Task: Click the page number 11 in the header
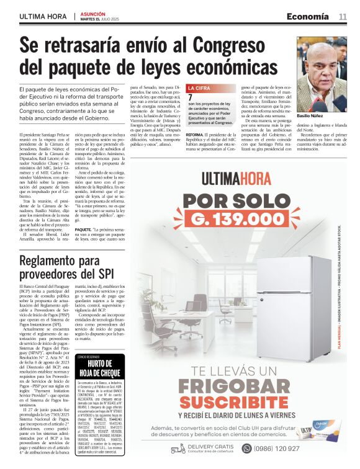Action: (x=343, y=16)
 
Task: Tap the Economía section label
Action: (x=308, y=16)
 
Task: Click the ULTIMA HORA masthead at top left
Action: (x=43, y=16)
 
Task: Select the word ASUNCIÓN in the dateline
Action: (x=93, y=13)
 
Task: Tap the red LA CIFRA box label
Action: (x=199, y=89)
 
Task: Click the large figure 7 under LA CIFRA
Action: (x=190, y=97)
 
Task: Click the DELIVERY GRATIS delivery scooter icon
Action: (x=178, y=449)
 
